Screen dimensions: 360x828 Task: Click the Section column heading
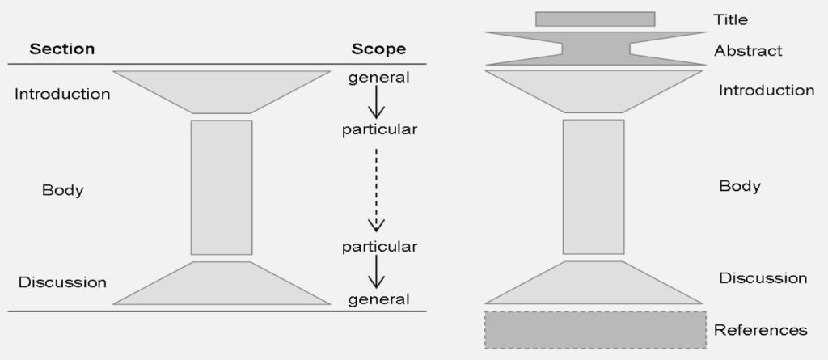point(62,49)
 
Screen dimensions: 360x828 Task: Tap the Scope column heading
point(378,49)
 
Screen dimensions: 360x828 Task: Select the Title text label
point(731,19)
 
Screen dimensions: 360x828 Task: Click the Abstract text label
point(748,51)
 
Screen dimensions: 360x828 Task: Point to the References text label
point(761,330)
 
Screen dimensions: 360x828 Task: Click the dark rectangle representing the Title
point(595,19)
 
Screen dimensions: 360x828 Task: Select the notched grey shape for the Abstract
point(595,49)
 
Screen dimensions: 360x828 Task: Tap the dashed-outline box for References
point(595,330)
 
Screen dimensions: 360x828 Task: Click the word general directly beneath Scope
point(378,78)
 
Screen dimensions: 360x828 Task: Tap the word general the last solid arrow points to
point(378,299)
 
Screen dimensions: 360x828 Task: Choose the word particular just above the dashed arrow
point(378,129)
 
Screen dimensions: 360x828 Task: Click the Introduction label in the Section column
point(62,94)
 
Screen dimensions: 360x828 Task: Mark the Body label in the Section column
point(63,191)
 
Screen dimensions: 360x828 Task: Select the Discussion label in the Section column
point(62,282)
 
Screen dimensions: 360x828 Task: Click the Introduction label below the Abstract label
point(767,91)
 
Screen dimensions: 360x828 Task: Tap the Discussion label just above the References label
point(763,278)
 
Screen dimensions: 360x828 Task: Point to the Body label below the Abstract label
point(740,186)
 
